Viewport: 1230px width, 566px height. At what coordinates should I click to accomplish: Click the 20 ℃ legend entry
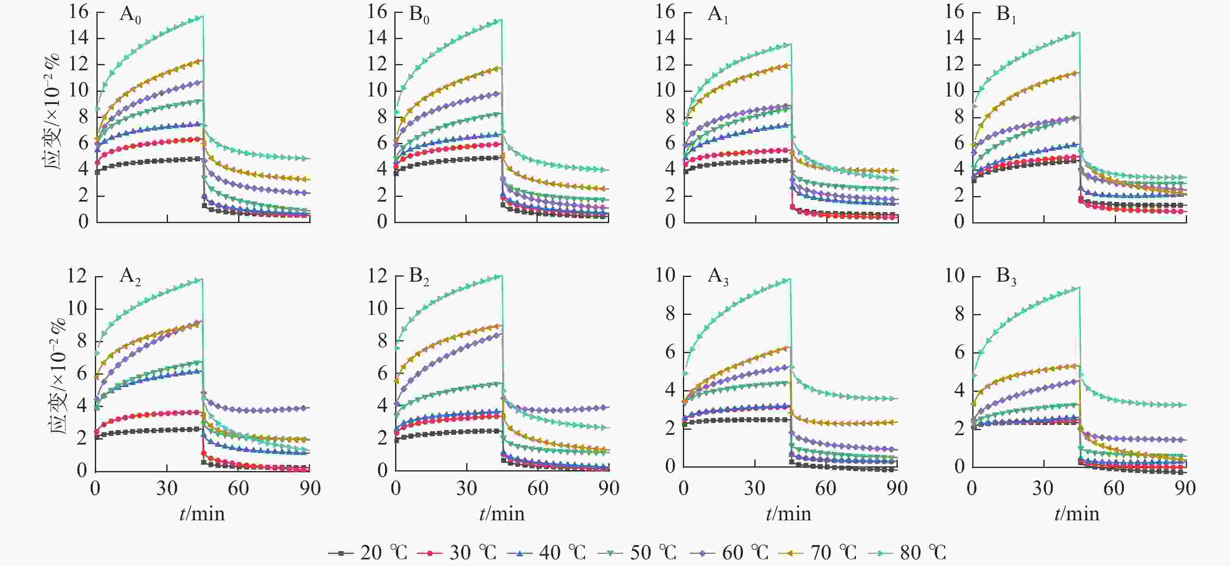pyautogui.click(x=368, y=553)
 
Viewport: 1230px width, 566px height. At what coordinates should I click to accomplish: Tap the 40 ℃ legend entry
pyautogui.click(x=546, y=553)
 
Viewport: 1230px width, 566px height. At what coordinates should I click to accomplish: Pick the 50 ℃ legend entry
pyautogui.click(x=637, y=553)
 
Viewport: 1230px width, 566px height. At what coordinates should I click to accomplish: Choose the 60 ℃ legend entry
pyautogui.click(x=729, y=553)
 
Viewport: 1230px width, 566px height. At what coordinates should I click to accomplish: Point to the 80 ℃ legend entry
pyautogui.click(x=907, y=553)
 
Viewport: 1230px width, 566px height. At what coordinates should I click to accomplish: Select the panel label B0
pyautogui.click(x=419, y=16)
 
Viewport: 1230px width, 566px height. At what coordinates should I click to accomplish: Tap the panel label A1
pyautogui.click(x=717, y=16)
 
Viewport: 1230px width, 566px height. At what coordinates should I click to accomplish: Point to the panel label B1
pyautogui.click(x=1006, y=16)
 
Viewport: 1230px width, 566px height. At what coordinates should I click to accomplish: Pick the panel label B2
pyautogui.click(x=419, y=277)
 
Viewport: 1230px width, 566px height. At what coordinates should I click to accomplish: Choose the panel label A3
pyautogui.click(x=718, y=277)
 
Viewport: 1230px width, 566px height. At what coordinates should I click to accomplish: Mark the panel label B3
pyautogui.click(x=1006, y=277)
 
